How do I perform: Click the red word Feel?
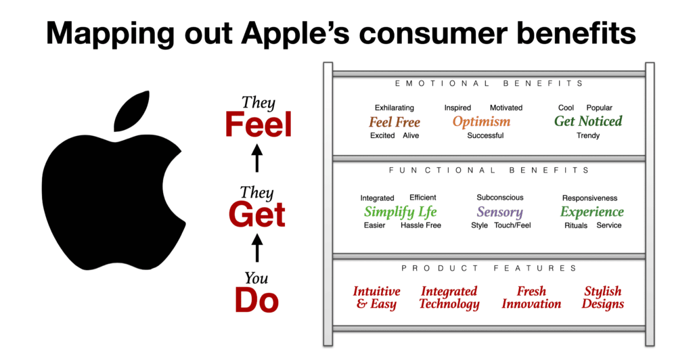point(259,125)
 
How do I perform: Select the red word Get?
point(257,215)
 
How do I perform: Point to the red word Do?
point(256,300)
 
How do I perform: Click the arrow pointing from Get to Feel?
point(256,158)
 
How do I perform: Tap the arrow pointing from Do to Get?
point(256,248)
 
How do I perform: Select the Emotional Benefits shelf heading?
point(489,83)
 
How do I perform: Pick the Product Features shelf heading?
point(489,268)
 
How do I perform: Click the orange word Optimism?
point(481,122)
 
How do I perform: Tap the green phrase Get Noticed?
point(588,121)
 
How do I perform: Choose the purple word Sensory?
point(500,212)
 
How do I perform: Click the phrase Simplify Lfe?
point(401,212)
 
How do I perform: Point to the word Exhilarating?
point(395,108)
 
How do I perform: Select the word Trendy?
point(588,135)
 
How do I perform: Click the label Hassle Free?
point(421,225)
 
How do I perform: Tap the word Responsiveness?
point(589,198)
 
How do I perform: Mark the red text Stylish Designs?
point(603,297)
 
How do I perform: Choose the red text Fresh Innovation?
point(531,297)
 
